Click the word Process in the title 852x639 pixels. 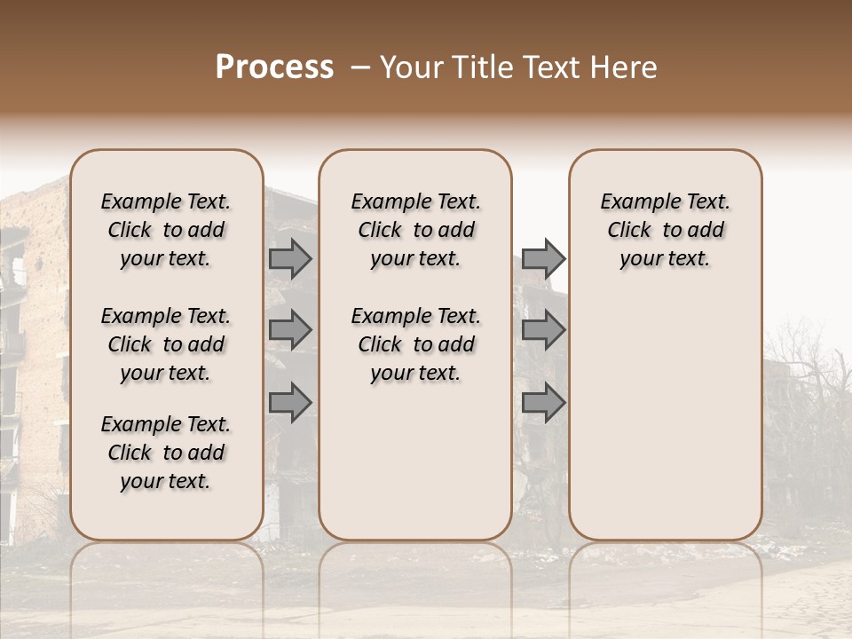[x=274, y=67]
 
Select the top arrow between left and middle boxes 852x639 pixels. [x=290, y=258]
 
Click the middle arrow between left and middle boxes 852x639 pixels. [x=290, y=331]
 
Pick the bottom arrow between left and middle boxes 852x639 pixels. [x=290, y=403]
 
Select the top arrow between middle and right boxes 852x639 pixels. [x=543, y=258]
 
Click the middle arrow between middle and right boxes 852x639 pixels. [x=543, y=331]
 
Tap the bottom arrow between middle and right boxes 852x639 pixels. [x=543, y=403]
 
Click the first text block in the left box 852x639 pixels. [x=166, y=230]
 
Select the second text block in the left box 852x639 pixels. [x=166, y=344]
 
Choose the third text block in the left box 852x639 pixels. [x=166, y=453]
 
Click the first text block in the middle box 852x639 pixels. [x=415, y=230]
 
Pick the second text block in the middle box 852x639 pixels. [x=415, y=344]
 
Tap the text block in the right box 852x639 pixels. [x=665, y=230]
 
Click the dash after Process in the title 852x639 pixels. [x=359, y=67]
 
